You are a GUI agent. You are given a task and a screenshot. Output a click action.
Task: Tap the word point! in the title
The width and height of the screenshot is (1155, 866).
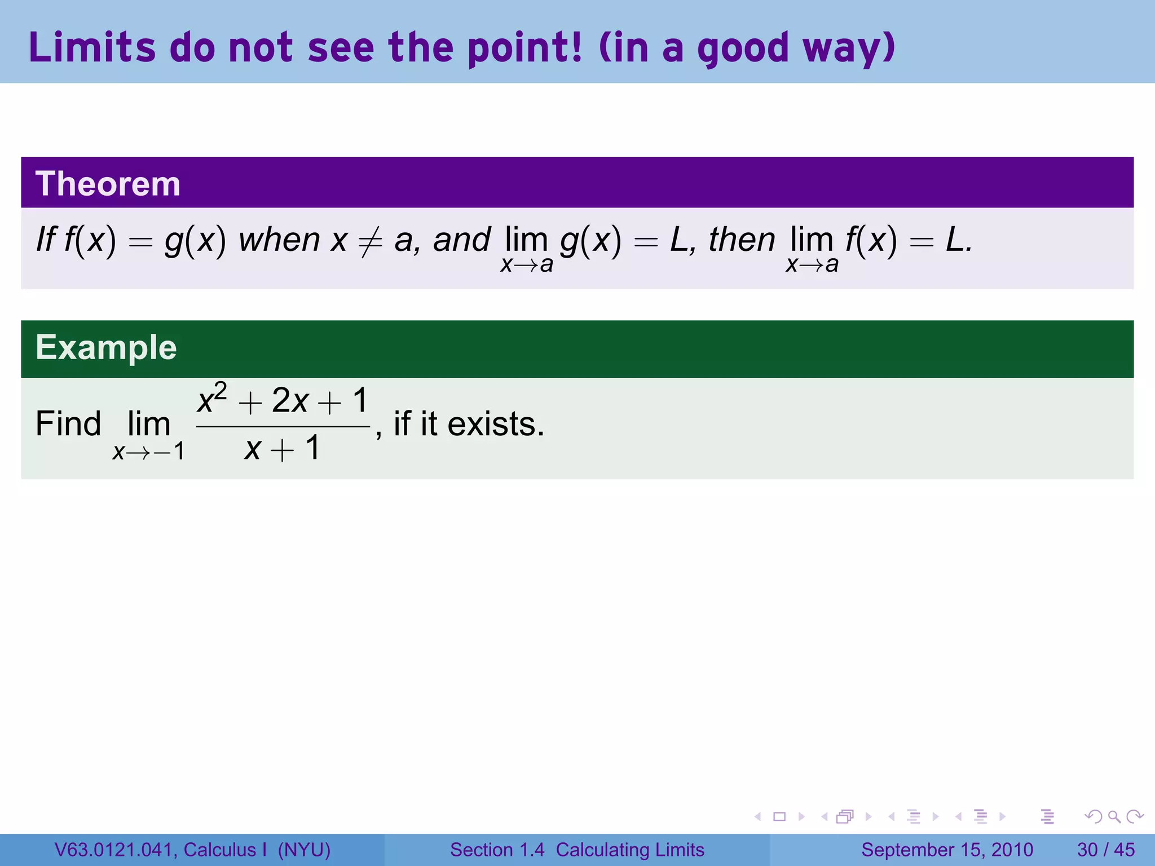525,48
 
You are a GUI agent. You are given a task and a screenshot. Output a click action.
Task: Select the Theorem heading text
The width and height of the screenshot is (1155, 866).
108,184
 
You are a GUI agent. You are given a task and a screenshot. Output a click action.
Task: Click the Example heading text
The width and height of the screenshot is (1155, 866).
106,347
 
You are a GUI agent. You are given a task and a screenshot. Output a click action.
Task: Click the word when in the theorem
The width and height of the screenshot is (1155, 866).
279,240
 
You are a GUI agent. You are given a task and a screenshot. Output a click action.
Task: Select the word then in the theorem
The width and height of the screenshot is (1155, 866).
742,240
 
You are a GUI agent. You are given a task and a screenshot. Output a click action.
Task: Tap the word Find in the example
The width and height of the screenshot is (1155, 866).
68,424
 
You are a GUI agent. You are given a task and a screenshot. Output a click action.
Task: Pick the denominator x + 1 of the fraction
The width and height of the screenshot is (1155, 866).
283,449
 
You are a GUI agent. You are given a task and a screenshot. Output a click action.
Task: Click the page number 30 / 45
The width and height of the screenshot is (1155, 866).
1105,850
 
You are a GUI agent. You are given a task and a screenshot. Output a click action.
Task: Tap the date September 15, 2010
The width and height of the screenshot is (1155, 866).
947,850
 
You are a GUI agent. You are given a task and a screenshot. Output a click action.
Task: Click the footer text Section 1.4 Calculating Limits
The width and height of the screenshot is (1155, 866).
577,850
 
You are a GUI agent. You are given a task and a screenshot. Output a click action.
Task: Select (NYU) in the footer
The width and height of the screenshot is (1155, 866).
304,850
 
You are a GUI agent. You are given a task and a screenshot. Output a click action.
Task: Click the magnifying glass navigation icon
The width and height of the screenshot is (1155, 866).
1114,816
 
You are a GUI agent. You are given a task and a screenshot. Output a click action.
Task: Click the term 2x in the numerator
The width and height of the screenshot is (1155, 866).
290,401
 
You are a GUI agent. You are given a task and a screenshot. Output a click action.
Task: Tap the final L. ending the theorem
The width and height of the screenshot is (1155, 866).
958,240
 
